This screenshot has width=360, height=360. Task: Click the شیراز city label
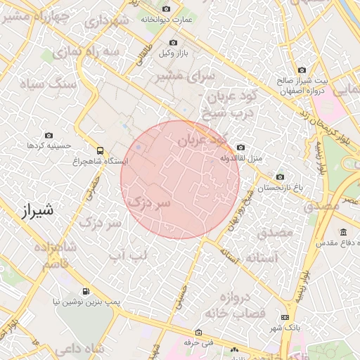tap(34, 210)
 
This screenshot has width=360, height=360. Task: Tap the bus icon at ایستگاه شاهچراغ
tap(100, 150)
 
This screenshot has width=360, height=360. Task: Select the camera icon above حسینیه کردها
tap(49, 134)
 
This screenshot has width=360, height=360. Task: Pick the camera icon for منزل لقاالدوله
tap(241, 148)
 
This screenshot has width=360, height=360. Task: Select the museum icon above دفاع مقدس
tap(343, 233)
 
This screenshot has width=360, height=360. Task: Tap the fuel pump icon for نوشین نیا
tap(86, 291)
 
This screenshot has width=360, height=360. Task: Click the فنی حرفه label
tap(198, 343)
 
